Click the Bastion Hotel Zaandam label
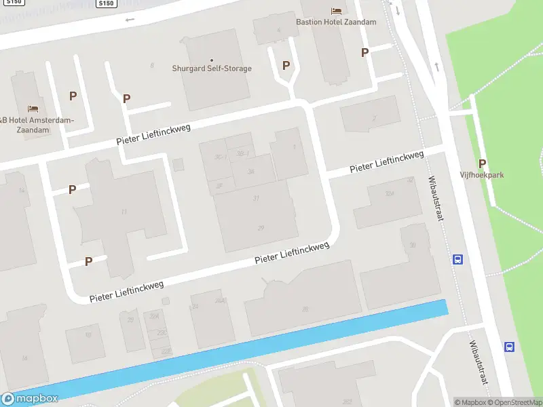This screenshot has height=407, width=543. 336,22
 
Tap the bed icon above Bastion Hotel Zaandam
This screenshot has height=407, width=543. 336,10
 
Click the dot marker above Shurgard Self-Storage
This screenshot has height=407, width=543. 211,60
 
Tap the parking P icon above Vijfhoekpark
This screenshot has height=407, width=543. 483,163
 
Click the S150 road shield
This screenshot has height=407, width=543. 106,3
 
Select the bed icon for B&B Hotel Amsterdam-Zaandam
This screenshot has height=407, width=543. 33,109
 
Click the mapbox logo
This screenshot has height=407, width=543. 30,399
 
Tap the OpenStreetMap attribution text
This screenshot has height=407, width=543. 513,402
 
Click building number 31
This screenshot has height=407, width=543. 256,198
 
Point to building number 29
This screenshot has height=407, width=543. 261,228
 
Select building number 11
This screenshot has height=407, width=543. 124,212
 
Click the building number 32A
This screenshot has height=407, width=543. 390,193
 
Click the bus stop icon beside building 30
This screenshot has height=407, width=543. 458,259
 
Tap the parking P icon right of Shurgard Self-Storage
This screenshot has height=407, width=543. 286,66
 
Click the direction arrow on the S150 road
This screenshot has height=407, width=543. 130,19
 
